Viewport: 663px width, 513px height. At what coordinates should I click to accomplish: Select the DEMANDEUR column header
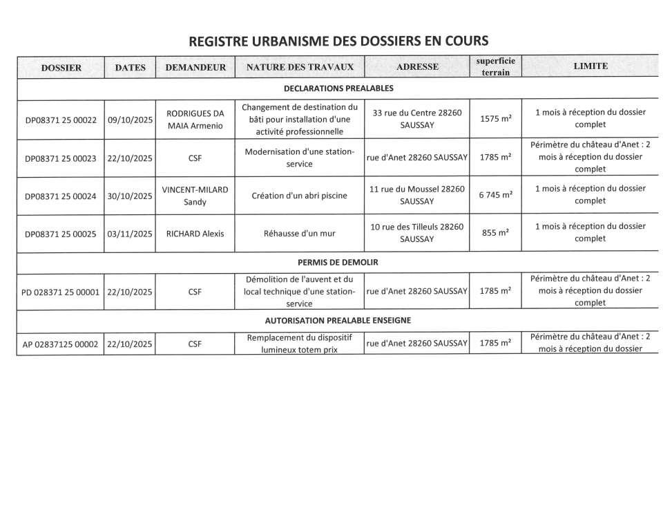[x=195, y=67]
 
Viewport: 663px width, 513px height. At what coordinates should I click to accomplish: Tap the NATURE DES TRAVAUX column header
[x=300, y=67]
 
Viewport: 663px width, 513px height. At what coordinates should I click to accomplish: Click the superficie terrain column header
[x=495, y=66]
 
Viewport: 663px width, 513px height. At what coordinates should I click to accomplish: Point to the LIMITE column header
[x=590, y=66]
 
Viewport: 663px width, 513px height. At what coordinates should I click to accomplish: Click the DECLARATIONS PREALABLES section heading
[x=338, y=88]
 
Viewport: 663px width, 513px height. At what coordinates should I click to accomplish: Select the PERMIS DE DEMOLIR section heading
[x=338, y=263]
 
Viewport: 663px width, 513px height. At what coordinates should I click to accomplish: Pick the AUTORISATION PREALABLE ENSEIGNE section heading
[x=338, y=320]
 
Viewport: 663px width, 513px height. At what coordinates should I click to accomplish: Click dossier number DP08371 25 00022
[x=61, y=120]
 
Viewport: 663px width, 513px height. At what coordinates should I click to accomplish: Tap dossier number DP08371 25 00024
[x=61, y=196]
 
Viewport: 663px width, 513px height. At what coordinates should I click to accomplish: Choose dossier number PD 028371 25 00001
[x=61, y=292]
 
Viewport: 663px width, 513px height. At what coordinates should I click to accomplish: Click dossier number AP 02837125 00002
[x=61, y=343]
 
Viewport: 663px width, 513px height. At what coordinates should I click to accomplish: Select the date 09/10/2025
[x=131, y=120]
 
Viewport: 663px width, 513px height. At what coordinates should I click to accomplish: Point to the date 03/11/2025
[x=131, y=234]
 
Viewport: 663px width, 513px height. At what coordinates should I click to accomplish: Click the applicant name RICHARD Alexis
[x=195, y=234]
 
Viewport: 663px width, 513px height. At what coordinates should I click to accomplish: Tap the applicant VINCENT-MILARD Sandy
[x=195, y=196]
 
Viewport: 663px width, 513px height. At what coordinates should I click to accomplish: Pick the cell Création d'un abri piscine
[x=300, y=196]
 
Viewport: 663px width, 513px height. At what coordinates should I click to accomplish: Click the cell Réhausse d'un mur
[x=300, y=234]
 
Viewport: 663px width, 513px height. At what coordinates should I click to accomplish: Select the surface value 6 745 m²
[x=495, y=196]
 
